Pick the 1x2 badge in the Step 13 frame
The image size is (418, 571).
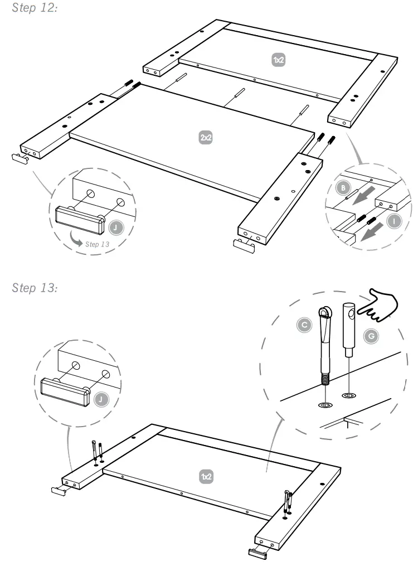tap(206, 476)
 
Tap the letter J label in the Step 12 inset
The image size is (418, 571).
tap(114, 228)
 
